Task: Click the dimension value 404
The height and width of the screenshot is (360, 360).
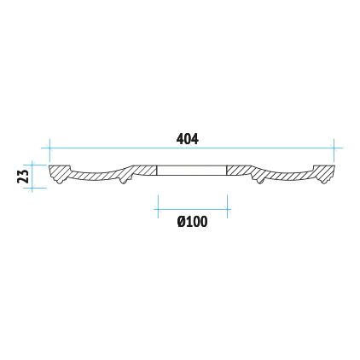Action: pyautogui.click(x=188, y=139)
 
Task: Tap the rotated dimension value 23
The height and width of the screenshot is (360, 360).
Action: pyautogui.click(x=23, y=176)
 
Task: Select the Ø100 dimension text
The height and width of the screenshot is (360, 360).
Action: pyautogui.click(x=193, y=222)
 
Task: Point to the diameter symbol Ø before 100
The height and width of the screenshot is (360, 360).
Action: pyautogui.click(x=182, y=222)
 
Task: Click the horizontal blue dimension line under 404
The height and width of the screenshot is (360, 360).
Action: pyautogui.click(x=192, y=148)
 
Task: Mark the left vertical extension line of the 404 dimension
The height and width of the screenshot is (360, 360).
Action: pyautogui.click(x=49, y=150)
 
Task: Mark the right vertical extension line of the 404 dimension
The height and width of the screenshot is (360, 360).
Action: pyautogui.click(x=334, y=150)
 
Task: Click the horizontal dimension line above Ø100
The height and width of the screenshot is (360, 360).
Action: pyautogui.click(x=193, y=209)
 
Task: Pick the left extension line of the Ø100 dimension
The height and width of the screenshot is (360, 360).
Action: pyautogui.click(x=158, y=206)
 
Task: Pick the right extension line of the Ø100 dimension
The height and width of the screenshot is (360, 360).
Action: pyautogui.click(x=227, y=206)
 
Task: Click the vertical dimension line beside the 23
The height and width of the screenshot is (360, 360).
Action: pyautogui.click(x=32, y=177)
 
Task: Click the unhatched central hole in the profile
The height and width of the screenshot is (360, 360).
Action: pyautogui.click(x=192, y=170)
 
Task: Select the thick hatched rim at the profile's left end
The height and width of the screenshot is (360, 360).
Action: pyautogui.click(x=59, y=173)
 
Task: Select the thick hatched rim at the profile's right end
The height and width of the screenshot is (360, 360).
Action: pyautogui.click(x=324, y=173)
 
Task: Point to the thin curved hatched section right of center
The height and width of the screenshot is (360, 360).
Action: pyautogui.click(x=287, y=176)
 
